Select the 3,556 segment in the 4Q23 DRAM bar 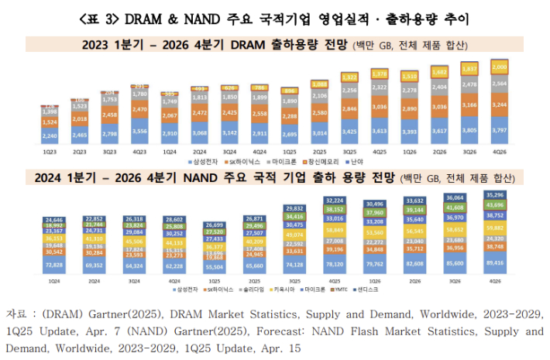tap(140, 132)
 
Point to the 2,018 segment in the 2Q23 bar tap(79, 118)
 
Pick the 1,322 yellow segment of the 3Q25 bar tap(351, 77)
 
